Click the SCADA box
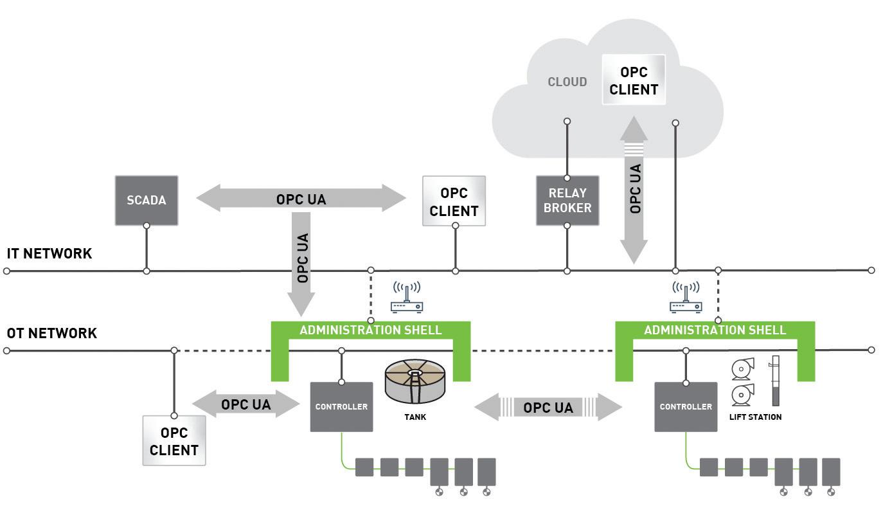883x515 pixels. pyautogui.click(x=147, y=200)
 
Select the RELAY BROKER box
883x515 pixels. pyautogui.click(x=567, y=200)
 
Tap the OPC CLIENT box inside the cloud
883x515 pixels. pyautogui.click(x=634, y=81)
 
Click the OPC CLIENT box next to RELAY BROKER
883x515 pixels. pyautogui.click(x=454, y=201)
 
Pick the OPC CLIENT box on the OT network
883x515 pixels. pyautogui.click(x=174, y=440)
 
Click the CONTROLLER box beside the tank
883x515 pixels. pyautogui.click(x=341, y=407)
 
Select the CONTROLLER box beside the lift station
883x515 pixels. pyautogui.click(x=686, y=407)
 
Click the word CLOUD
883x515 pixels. pyautogui.click(x=567, y=82)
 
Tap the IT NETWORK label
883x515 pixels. pyautogui.click(x=49, y=253)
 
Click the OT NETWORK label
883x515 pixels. pyautogui.click(x=52, y=333)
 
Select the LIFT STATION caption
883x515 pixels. pyautogui.click(x=755, y=417)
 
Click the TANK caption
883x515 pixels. pyautogui.click(x=415, y=417)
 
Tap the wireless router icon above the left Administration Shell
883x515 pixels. pyautogui.click(x=406, y=297)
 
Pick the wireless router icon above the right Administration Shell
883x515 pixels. pyautogui.click(x=686, y=297)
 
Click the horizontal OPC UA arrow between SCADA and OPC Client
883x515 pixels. pyautogui.click(x=301, y=199)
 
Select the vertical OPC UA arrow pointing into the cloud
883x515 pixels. pyautogui.click(x=634, y=190)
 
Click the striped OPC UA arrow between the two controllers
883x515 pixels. pyautogui.click(x=548, y=408)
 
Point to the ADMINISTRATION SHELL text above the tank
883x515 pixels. pyautogui.click(x=371, y=330)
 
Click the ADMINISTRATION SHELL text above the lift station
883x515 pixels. pyautogui.click(x=715, y=330)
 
